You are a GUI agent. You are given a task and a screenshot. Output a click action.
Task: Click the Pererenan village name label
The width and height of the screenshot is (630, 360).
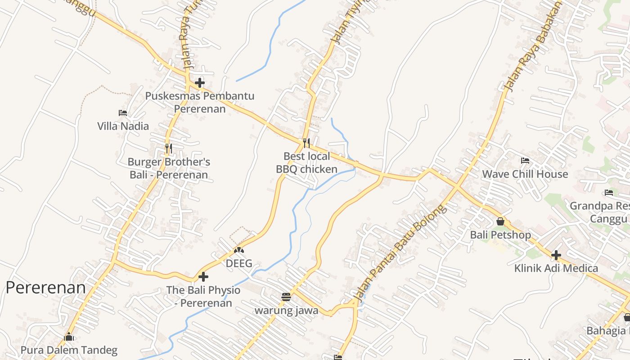pyautogui.click(x=45, y=288)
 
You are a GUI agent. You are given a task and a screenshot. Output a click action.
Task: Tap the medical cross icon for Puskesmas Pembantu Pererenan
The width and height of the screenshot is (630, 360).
pyautogui.click(x=200, y=83)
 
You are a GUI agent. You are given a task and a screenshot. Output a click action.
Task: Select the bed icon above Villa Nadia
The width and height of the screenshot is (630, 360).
pyautogui.click(x=123, y=113)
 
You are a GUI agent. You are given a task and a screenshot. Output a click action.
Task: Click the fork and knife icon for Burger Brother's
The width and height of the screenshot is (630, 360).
pyautogui.click(x=168, y=148)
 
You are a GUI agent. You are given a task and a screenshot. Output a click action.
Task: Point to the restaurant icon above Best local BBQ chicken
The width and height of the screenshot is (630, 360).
pyautogui.click(x=306, y=143)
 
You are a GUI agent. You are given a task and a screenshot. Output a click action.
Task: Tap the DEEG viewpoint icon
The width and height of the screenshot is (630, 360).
pyautogui.click(x=239, y=250)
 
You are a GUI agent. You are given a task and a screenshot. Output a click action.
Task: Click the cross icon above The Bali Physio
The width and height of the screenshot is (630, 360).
pyautogui.click(x=203, y=277)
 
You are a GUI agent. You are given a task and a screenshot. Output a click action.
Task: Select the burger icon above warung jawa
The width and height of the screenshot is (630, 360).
pyautogui.click(x=286, y=297)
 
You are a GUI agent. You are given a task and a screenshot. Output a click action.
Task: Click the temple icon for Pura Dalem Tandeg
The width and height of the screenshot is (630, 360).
pyautogui.click(x=69, y=336)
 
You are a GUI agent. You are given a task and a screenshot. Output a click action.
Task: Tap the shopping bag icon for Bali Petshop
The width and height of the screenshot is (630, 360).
pyautogui.click(x=500, y=221)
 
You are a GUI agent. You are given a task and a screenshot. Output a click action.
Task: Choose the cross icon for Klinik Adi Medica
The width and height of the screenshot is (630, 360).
pyautogui.click(x=556, y=255)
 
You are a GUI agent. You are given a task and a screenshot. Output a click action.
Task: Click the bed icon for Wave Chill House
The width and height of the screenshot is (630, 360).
pyautogui.click(x=525, y=161)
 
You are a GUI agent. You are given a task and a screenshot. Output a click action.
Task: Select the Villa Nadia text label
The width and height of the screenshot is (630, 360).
pyautogui.click(x=123, y=126)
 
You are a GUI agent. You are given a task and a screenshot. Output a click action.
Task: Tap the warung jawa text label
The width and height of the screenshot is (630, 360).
pyautogui.click(x=286, y=310)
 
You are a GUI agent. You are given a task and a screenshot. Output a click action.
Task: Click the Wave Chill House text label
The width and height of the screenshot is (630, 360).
pyautogui.click(x=525, y=174)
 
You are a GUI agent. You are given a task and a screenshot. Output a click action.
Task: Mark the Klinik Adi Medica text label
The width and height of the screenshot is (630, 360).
pyautogui.click(x=556, y=269)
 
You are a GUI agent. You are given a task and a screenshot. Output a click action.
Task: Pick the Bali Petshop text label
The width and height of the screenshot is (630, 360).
pyautogui.click(x=500, y=235)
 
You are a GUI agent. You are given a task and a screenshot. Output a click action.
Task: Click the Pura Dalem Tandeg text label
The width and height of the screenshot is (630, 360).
pyautogui.click(x=69, y=350)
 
